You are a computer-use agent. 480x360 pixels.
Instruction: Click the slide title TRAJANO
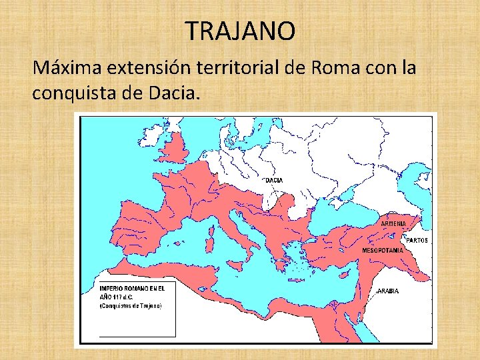pyautogui.click(x=239, y=31)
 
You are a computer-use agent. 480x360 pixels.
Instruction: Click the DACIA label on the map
pyautogui.click(x=274, y=180)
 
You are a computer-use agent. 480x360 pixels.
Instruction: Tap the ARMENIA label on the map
pyautogui.click(x=393, y=224)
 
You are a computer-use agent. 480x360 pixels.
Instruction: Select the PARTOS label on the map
pyautogui.click(x=417, y=241)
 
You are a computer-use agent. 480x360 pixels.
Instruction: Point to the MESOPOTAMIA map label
pyautogui.click(x=382, y=250)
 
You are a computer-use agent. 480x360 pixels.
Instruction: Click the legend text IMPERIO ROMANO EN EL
pyautogui.click(x=132, y=287)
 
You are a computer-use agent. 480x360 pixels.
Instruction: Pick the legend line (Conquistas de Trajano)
pyautogui.click(x=131, y=305)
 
